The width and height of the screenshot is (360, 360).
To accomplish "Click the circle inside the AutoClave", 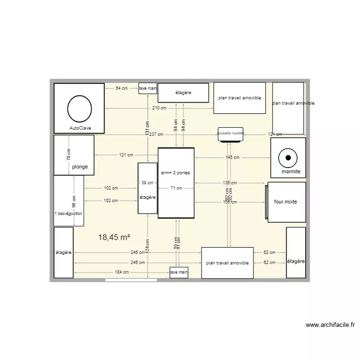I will click(x=80, y=108).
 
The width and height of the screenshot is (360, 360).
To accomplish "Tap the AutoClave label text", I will click(x=80, y=128).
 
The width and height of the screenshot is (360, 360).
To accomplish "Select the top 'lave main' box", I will click(x=148, y=88).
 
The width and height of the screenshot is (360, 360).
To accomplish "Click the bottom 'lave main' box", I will click(x=179, y=272).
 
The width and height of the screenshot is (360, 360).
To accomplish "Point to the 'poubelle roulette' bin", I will click(x=231, y=134).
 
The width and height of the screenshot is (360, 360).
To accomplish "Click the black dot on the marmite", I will click(x=288, y=157).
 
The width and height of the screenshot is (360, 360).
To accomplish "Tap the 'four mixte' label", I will click(x=286, y=202).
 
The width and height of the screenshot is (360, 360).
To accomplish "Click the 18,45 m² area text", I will click(x=114, y=237).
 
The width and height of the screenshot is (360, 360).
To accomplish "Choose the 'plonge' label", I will click(x=80, y=167).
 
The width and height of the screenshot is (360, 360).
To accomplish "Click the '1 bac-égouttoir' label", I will click(x=69, y=215).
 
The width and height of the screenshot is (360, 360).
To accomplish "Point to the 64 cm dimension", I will click(x=122, y=88).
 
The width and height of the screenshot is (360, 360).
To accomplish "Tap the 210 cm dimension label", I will click(x=159, y=108).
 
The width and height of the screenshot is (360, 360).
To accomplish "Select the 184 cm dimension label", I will click(x=121, y=272).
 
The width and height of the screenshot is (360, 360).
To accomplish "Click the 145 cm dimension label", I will click(x=232, y=157).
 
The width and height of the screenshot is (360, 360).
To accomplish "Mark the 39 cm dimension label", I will click(x=147, y=182).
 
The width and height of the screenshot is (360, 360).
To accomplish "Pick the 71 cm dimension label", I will click(x=176, y=188).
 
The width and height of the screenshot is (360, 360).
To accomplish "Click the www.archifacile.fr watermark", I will click(x=330, y=325).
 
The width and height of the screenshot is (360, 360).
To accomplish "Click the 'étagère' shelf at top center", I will click(x=183, y=93).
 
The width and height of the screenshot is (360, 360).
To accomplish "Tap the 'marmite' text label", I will click(x=291, y=171).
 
